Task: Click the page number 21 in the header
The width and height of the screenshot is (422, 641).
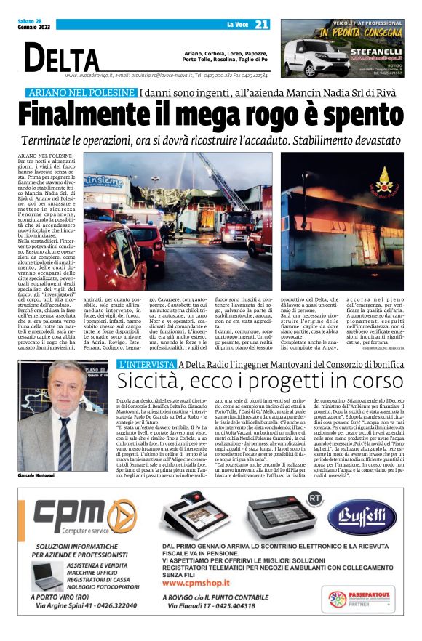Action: [x=262, y=25]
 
